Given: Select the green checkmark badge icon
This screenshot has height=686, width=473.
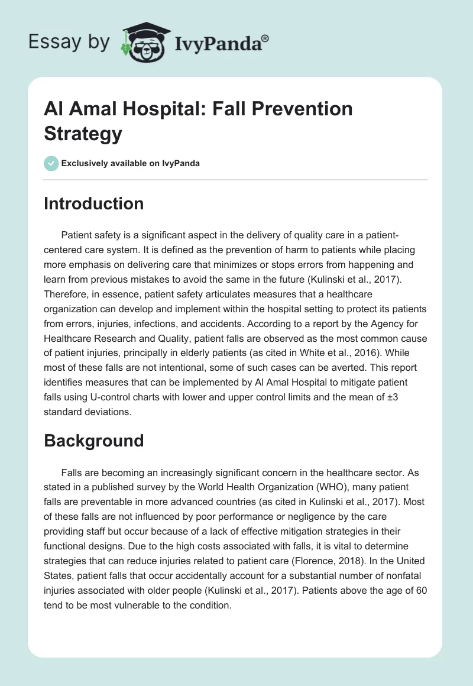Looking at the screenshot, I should point(51,163).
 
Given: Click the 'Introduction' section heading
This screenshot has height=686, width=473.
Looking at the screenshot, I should point(94,203).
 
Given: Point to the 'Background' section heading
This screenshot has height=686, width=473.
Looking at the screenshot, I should point(93,441).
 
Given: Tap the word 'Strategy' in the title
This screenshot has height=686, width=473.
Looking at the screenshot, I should point(83,133).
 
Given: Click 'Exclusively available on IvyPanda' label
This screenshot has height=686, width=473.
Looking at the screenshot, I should point(131,163).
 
